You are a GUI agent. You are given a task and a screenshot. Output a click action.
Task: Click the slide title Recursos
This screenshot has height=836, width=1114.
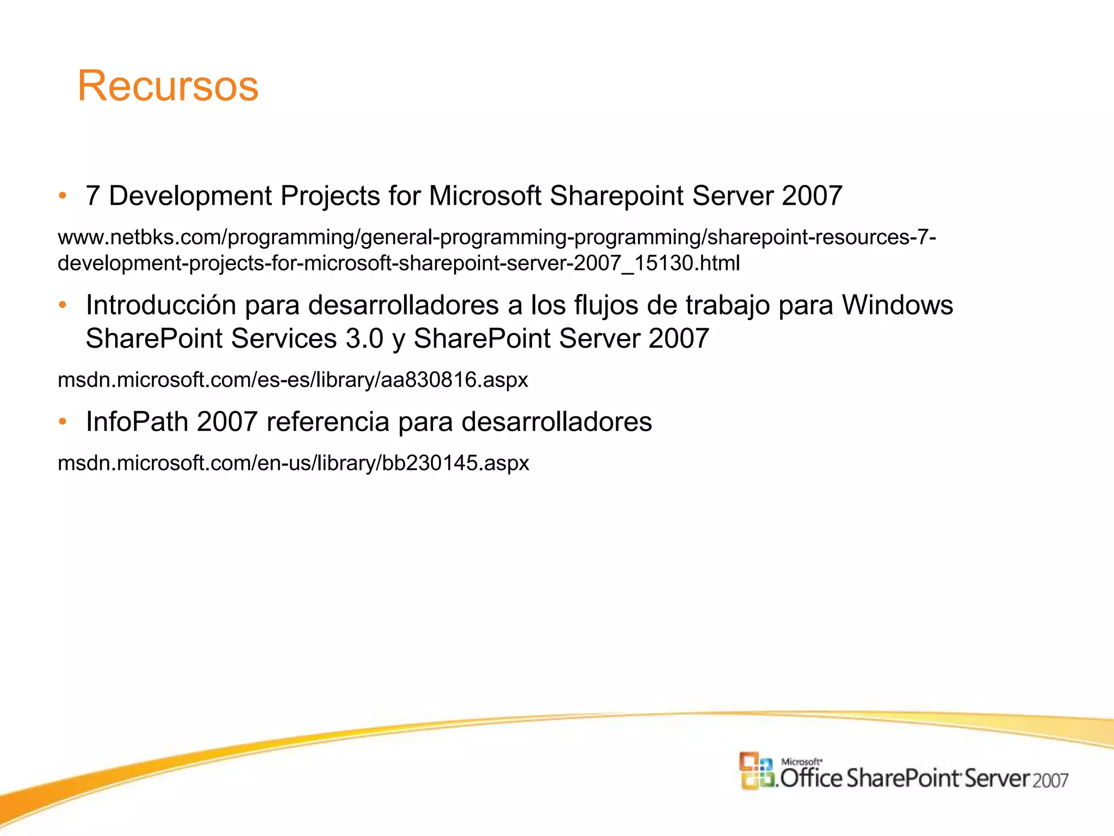[168, 86]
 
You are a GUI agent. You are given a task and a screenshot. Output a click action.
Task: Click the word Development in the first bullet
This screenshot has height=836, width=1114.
[190, 196]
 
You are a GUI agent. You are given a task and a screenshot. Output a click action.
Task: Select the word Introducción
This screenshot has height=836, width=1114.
[161, 305]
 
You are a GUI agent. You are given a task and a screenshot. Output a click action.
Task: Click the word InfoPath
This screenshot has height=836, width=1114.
[137, 422]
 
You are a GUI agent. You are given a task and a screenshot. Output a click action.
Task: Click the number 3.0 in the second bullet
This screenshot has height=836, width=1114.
[364, 339]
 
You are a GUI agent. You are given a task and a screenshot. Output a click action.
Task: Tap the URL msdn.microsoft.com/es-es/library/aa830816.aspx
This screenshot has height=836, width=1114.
[293, 380]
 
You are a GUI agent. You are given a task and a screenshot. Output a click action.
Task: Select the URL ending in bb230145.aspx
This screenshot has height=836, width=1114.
[293, 463]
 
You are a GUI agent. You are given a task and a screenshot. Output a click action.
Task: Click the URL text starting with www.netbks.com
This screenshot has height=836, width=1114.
[496, 237]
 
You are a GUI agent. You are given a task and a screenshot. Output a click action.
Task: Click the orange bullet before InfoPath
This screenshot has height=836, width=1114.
[63, 421]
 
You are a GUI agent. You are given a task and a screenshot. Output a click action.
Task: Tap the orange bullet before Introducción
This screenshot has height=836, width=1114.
[63, 305]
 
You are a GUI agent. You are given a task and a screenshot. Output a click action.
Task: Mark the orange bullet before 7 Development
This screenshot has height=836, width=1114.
[63, 195]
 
